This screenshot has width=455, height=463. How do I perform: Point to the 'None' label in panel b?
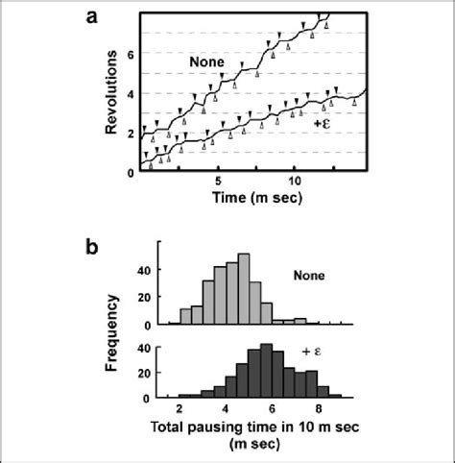(x=309, y=276)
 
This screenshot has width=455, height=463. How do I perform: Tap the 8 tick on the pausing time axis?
(x=323, y=410)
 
